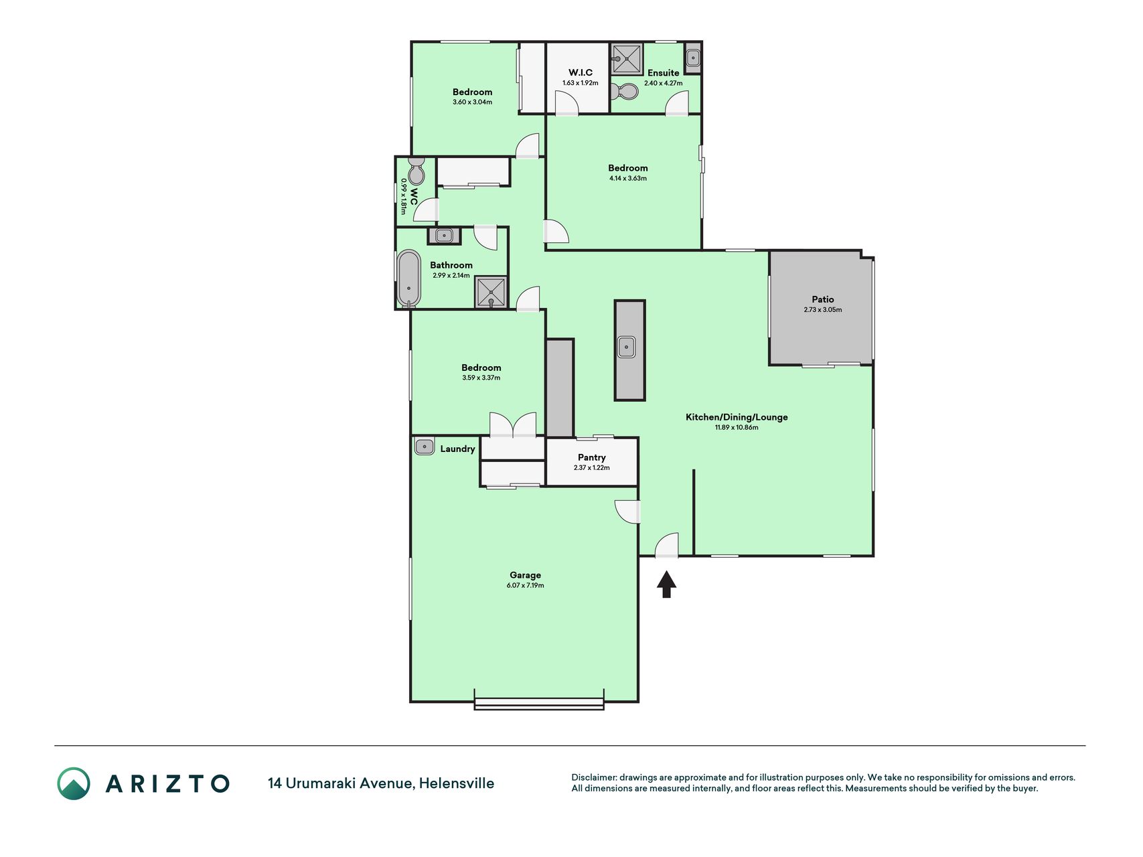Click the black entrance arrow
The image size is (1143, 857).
pos(666,584)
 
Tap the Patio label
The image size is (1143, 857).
pos(823,299)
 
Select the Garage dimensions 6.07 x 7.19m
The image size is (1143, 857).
pos(525,585)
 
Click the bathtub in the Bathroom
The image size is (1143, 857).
pos(408,279)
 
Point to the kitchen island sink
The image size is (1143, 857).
pos(626,347)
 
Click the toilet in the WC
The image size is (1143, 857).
pos(416,171)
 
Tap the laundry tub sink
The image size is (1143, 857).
pos(424,446)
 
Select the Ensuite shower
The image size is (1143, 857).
pos(627,59)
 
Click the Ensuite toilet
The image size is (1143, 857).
pos(625,91)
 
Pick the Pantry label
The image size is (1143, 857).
pos(592,457)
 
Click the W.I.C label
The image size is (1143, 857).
pos(581,72)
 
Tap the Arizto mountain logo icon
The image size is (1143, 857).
pos(74,783)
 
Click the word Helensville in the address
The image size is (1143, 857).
pos(457,783)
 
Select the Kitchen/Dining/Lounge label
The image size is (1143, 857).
pos(737,417)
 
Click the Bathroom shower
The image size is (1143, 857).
pos(491,292)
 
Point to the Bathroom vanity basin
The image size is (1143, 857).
pos(444,236)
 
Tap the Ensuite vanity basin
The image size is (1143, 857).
pos(693,58)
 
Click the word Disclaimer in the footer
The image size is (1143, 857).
pos(593,777)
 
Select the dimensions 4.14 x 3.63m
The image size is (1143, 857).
pos(628,178)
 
